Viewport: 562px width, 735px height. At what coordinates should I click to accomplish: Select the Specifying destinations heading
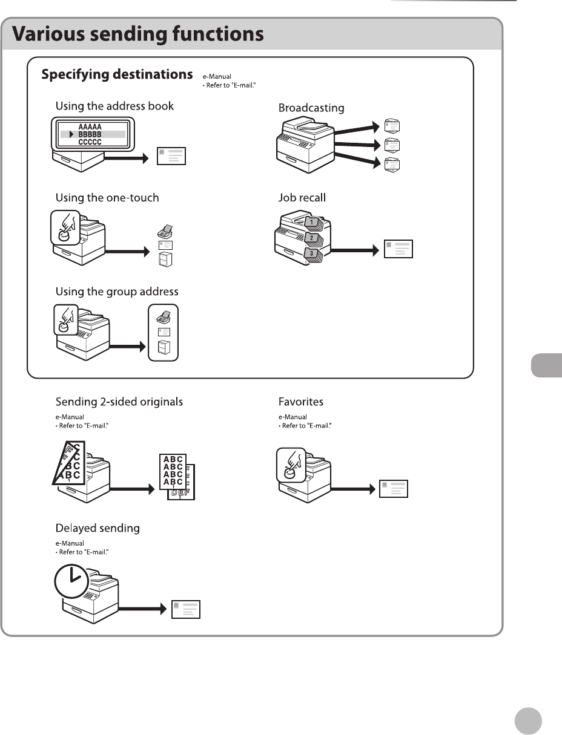(117, 75)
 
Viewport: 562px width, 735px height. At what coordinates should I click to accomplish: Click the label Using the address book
(114, 106)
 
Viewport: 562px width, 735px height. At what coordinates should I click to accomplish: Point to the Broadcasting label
(311, 108)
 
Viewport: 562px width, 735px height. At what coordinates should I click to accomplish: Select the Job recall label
(303, 197)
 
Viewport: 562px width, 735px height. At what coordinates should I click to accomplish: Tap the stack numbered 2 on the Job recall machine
(312, 238)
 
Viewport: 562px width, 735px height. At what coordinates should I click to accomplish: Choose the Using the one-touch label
(107, 197)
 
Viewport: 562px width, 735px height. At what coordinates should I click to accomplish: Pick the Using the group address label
(117, 292)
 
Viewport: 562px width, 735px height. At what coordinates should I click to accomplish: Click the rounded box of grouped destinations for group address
(164, 333)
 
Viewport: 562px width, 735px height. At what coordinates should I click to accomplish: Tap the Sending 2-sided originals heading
(119, 402)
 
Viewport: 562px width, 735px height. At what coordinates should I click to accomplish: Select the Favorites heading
(301, 402)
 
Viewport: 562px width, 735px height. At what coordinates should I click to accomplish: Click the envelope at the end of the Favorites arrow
(394, 489)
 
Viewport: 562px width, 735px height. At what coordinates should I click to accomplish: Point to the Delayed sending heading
(98, 528)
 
